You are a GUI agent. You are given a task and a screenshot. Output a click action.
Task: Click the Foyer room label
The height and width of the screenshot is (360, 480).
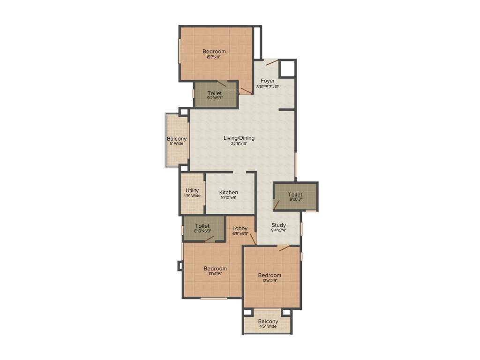pyautogui.click(x=268, y=81)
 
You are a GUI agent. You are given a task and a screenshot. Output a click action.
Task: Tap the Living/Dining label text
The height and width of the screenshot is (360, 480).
pyautogui.click(x=239, y=138)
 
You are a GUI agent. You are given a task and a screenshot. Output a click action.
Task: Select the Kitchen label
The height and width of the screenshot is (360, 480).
pyautogui.click(x=229, y=192)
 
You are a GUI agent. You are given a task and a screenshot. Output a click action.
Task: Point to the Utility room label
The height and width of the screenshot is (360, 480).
pyautogui.click(x=192, y=190)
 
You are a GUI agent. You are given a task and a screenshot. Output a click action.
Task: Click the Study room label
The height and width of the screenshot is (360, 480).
pyautogui.click(x=278, y=225)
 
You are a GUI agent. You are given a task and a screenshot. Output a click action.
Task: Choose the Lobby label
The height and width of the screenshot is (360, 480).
pyautogui.click(x=240, y=228)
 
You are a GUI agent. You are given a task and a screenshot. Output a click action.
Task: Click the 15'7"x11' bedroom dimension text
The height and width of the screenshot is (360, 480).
pyautogui.click(x=213, y=57)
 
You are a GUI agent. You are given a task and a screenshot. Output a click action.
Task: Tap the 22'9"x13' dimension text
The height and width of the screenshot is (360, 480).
pyautogui.click(x=239, y=144)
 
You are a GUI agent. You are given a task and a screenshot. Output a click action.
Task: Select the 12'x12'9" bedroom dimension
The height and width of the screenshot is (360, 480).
pyautogui.click(x=270, y=281)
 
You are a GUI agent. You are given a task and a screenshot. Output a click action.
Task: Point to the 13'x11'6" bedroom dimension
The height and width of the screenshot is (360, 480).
pyautogui.click(x=215, y=274)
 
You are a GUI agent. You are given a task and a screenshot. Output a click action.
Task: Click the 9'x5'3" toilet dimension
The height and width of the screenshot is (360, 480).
pyautogui.click(x=295, y=199)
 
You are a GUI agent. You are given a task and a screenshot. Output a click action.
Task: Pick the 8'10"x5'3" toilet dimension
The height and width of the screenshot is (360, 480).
pyautogui.click(x=202, y=231)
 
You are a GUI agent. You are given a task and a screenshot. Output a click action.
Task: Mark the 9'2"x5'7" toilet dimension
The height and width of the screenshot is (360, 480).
pyautogui.click(x=215, y=99)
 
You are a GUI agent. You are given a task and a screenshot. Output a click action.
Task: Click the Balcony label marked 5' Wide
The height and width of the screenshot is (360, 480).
pyautogui.click(x=177, y=139)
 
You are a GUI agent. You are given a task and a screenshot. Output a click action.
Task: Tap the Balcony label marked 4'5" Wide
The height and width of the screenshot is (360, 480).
pyautogui.click(x=268, y=321)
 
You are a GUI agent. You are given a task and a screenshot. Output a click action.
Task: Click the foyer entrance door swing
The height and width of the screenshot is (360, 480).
pyautogui.click(x=272, y=63)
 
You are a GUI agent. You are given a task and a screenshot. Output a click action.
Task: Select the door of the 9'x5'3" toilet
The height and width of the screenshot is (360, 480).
pyautogui.click(x=277, y=204)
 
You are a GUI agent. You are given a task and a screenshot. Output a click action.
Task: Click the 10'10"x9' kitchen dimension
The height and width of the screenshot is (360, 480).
pyautogui.click(x=228, y=198)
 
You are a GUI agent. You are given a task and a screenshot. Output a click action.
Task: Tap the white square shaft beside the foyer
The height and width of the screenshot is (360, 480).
pyautogui.click(x=287, y=68)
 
